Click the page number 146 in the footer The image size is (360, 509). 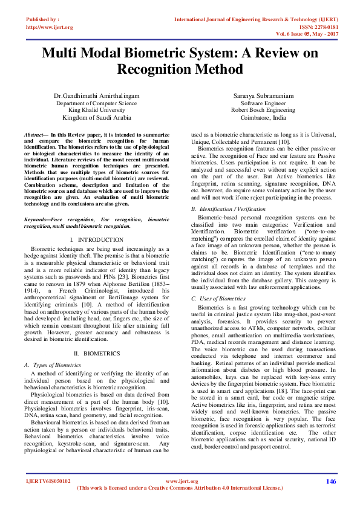point(331,481)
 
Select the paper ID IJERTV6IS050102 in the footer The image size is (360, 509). point(48,481)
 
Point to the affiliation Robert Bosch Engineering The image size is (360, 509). point(263,110)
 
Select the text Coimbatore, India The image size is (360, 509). point(263,118)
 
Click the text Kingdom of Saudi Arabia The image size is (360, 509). point(96,118)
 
